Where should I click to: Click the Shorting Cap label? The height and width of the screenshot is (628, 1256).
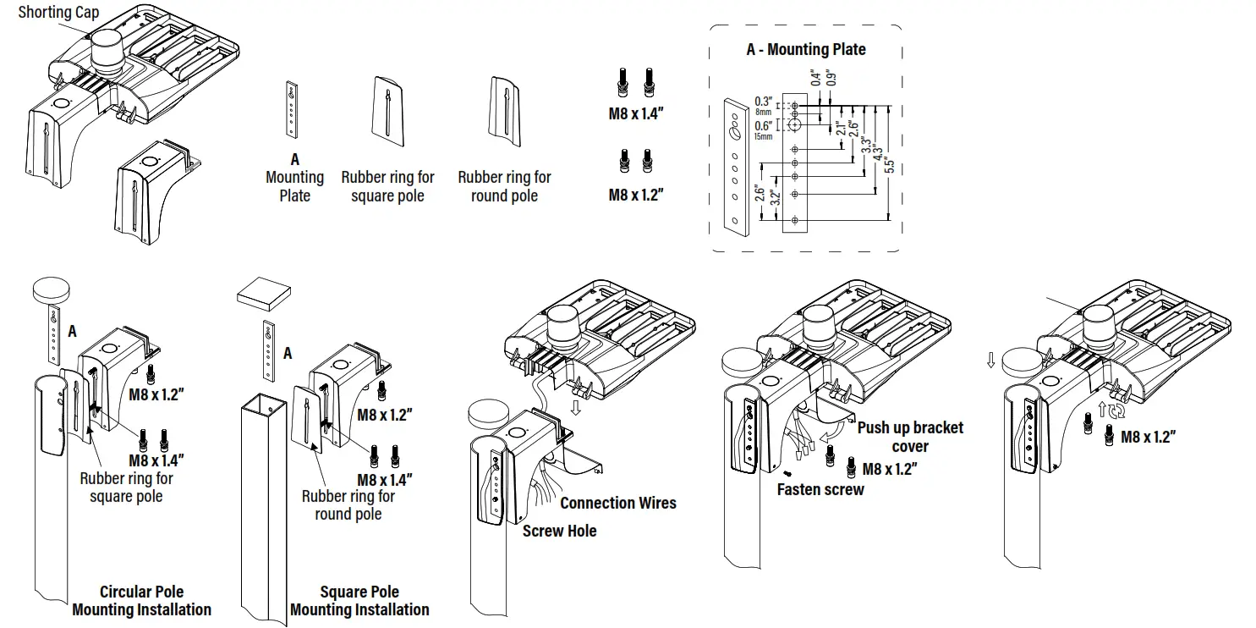pos(58,12)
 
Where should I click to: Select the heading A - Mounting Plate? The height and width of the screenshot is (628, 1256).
pos(805,49)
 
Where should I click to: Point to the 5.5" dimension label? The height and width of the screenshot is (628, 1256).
pos(889,160)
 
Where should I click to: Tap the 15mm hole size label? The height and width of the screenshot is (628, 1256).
pos(762,135)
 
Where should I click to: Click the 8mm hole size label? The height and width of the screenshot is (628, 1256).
pos(762,111)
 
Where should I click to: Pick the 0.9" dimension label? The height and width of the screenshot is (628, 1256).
pos(833,77)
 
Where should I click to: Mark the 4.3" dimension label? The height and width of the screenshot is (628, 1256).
pos(877,157)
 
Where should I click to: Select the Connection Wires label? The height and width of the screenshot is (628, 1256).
pos(617,503)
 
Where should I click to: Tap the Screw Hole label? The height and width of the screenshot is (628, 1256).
pos(559,531)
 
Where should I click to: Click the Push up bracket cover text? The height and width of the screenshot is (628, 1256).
pos(910,436)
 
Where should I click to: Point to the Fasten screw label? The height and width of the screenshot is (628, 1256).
pos(820,489)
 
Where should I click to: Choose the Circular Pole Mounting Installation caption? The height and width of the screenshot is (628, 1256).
pos(141,600)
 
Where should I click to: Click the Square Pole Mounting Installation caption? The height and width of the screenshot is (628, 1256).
pos(359,600)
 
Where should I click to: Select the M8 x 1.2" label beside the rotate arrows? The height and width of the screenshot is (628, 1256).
pos(1148,437)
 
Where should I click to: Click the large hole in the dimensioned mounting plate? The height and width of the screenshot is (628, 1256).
pos(795,124)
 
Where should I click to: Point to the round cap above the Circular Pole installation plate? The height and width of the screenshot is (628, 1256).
pos(56,289)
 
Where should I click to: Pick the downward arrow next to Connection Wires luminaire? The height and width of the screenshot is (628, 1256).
pos(576,408)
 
